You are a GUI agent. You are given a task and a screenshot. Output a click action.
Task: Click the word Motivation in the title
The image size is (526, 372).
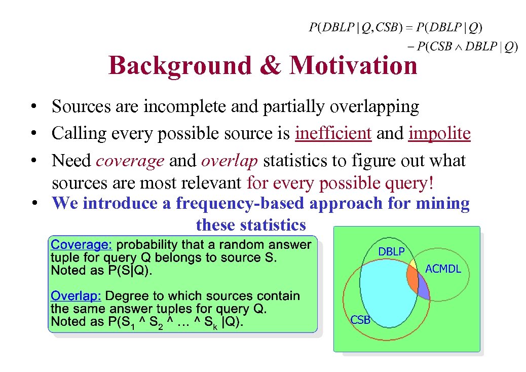[353, 65]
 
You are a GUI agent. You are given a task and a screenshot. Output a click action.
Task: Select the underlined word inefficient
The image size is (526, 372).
[333, 133]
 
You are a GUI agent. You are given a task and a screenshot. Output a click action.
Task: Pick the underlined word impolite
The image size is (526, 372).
[439, 133]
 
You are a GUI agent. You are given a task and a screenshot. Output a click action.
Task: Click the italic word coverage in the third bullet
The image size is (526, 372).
[130, 161]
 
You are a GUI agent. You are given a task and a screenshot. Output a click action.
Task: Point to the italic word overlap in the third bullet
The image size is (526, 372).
[230, 161]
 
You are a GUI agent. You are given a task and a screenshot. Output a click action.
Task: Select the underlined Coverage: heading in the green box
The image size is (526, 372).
[82, 245]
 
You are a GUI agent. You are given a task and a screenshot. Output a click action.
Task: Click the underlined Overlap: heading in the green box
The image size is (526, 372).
[76, 296]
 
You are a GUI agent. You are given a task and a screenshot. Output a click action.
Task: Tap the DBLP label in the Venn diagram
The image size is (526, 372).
[391, 251]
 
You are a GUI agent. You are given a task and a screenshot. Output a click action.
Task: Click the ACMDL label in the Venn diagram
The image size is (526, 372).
[443, 269]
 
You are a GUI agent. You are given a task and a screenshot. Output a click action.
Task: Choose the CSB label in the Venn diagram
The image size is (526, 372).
[360, 320]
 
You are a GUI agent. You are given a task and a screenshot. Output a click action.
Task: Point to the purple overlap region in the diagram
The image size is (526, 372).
[423, 291]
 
